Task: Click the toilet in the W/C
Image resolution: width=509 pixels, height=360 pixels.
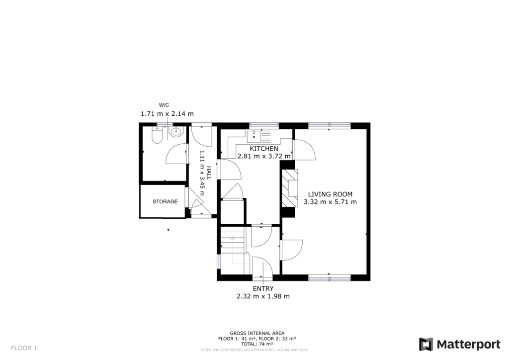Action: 156,135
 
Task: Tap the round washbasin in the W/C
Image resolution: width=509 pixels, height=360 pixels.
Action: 175,132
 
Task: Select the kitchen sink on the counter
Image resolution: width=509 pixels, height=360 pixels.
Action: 254,134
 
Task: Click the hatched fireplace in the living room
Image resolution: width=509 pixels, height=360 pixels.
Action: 289,187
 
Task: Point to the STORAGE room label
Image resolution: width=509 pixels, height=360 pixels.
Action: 165,201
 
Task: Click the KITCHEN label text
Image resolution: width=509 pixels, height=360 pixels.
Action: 263,149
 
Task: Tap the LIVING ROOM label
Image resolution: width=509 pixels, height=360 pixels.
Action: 330,194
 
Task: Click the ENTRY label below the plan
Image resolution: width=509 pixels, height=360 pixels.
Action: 263,288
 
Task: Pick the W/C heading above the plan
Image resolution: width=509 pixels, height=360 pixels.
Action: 164,105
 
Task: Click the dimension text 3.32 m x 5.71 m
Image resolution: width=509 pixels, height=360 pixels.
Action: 330,202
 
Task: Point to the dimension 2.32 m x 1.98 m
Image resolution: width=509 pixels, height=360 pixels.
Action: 263,296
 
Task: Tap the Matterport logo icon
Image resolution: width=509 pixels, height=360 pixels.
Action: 426,344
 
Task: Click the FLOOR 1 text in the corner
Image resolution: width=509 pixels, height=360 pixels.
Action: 24,348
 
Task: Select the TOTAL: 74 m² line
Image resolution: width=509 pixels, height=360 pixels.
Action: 257,344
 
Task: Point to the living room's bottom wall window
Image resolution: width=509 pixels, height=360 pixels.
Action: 329,277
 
